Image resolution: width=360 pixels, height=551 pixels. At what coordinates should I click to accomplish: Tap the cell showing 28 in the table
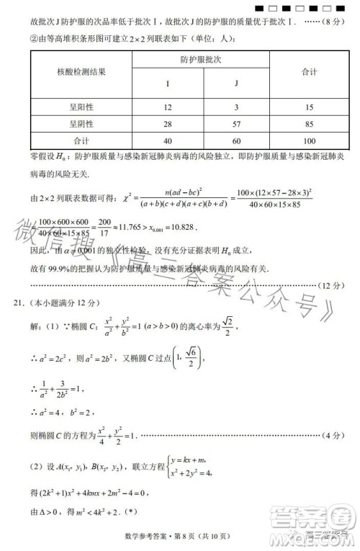tap(167, 123)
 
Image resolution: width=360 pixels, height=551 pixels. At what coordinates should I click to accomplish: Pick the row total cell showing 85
tap(310, 123)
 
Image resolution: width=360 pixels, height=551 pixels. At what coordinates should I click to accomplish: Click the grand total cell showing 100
tap(310, 140)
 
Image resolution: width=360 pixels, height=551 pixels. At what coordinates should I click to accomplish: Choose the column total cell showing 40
tap(167, 140)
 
